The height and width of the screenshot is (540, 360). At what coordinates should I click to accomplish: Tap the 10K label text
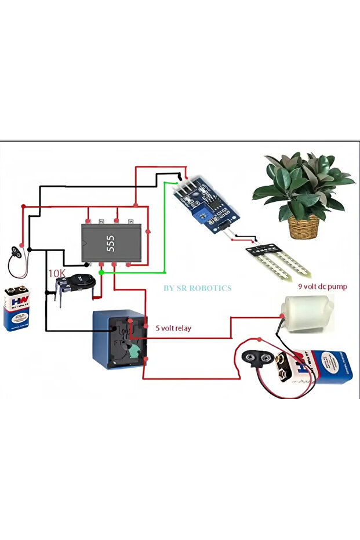(x=57, y=273)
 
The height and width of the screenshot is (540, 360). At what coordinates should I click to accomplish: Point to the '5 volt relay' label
(x=173, y=328)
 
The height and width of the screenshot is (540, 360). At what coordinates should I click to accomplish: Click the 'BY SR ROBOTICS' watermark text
(x=197, y=288)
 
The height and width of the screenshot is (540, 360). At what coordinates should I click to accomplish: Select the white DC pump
(x=306, y=311)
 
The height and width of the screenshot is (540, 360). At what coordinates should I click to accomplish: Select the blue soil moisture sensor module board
(x=206, y=204)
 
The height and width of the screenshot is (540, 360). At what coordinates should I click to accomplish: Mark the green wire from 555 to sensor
(x=165, y=232)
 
